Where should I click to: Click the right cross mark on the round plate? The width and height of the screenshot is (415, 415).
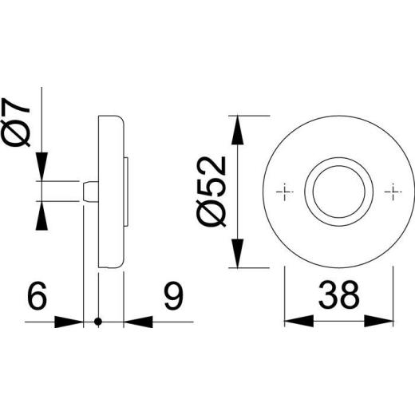[393, 192]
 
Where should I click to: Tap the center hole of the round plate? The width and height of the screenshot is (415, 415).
[338, 192]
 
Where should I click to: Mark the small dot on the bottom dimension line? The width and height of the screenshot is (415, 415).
[98, 322]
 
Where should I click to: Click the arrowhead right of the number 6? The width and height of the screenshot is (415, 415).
[73, 322]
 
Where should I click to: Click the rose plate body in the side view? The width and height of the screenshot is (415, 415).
[113, 192]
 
